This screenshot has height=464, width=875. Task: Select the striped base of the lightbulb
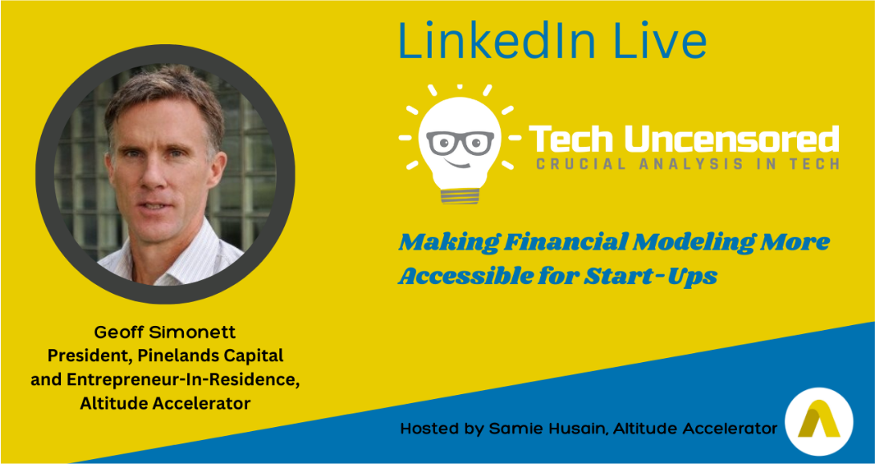click(460, 195)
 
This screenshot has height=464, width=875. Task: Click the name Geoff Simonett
click(165, 332)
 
